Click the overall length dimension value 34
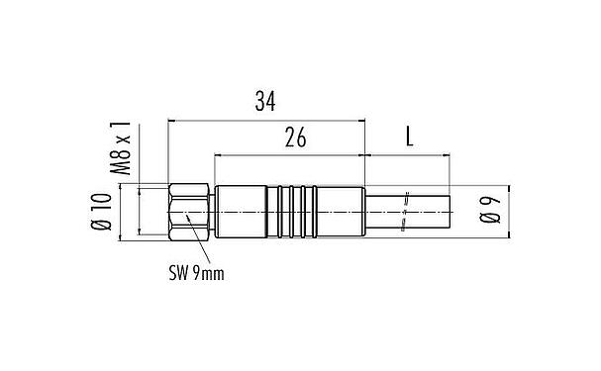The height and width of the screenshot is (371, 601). click(x=265, y=101)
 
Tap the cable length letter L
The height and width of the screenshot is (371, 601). click(x=409, y=138)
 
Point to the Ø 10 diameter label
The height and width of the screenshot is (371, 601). click(x=101, y=212)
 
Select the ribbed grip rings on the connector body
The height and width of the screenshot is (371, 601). click(x=295, y=213)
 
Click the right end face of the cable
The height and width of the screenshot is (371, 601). click(x=451, y=213)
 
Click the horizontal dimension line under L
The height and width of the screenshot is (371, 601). click(x=408, y=155)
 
